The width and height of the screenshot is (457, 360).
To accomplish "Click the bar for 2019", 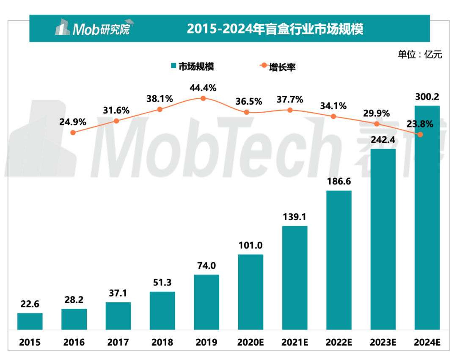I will point(206,302).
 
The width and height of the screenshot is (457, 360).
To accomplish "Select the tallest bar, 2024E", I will point(427,217).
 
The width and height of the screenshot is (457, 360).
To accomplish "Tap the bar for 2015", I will point(30,321).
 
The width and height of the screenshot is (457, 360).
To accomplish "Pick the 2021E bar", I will point(295,277).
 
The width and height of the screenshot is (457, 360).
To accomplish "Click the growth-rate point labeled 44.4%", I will point(203,98).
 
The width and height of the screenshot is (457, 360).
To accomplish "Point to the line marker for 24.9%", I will point(73,133).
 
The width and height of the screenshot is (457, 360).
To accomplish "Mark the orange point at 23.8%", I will point(420,135).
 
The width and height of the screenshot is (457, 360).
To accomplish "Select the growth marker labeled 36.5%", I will point(247,112).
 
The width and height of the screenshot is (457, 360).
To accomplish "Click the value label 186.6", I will point(339,182).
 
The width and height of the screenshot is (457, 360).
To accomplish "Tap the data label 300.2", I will point(427,97).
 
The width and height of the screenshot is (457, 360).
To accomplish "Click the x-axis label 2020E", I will point(250,342).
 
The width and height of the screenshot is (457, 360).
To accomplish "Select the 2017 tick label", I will point(118,342).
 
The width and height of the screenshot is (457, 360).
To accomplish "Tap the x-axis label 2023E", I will point(383,342).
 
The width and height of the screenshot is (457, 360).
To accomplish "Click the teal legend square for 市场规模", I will point(173,66).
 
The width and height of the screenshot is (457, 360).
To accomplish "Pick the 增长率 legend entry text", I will point(283,66).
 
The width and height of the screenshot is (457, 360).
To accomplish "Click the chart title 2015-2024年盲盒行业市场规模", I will point(275,29).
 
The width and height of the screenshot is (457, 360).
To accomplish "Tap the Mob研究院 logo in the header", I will point(92,28).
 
